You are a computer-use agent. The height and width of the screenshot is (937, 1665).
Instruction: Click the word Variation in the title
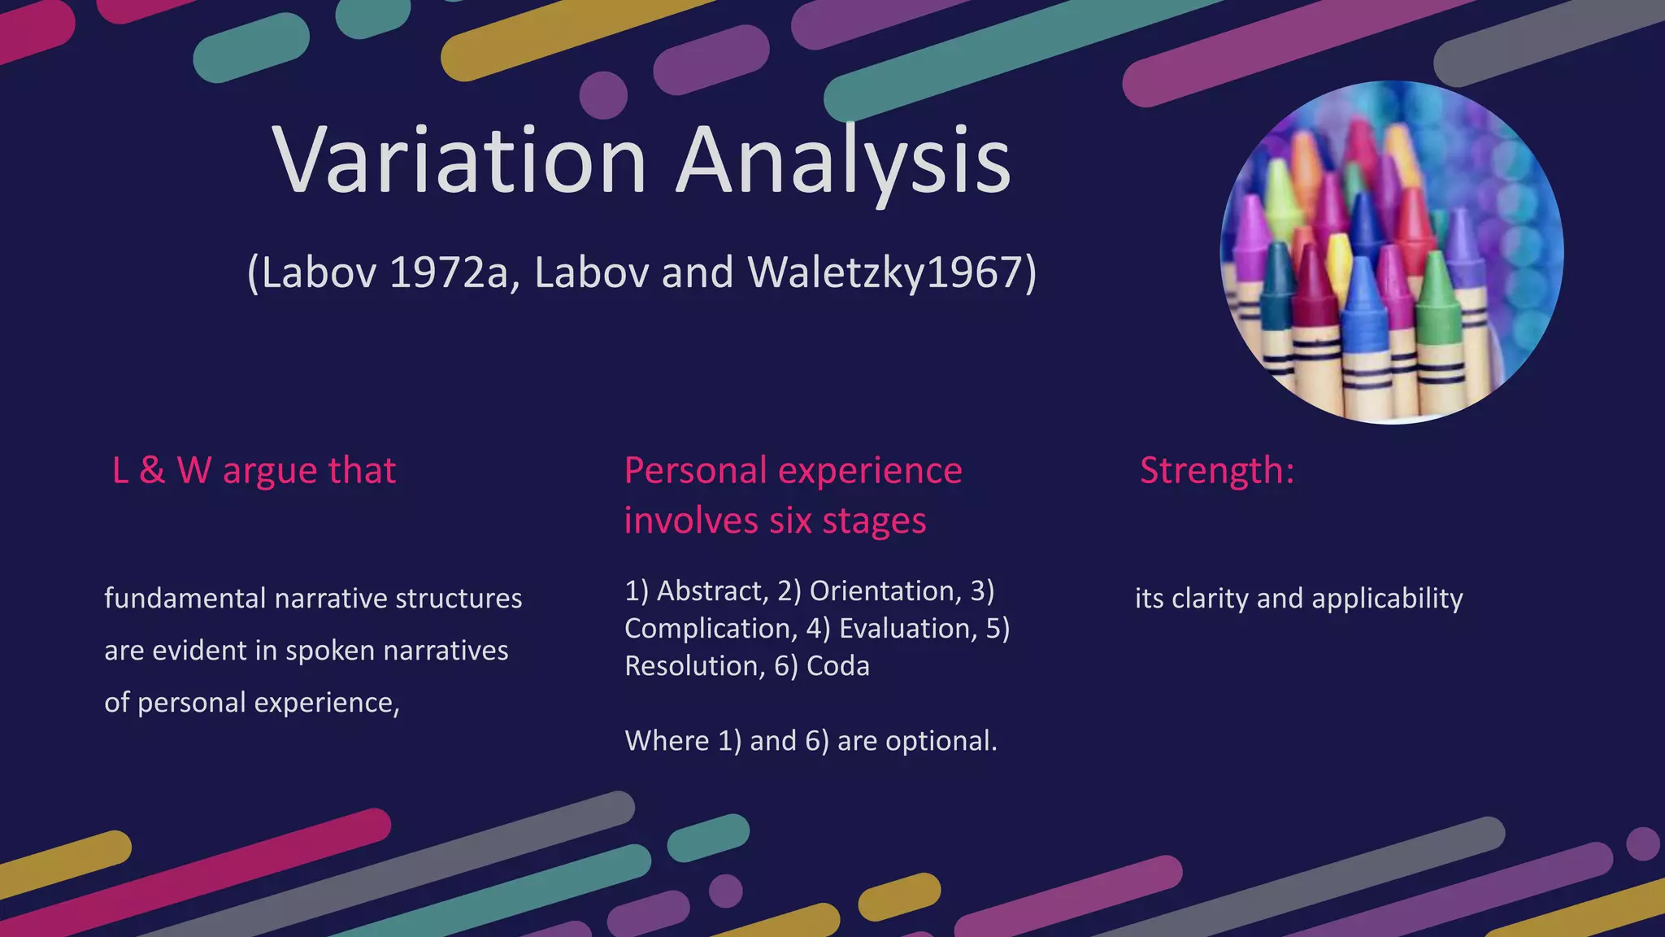click(459, 160)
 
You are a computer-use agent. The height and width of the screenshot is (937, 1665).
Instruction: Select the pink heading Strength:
click(1216, 470)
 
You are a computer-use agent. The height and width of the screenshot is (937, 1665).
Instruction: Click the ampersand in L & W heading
click(152, 471)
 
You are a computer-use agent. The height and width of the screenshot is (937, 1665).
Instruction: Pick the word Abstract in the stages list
click(711, 591)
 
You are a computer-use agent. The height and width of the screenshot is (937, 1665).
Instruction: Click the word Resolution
click(694, 666)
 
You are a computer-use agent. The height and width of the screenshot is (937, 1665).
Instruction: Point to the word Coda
click(837, 666)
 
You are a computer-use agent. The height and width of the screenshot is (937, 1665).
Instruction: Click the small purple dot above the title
click(603, 95)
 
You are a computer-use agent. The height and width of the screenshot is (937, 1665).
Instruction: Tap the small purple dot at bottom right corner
click(1642, 843)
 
